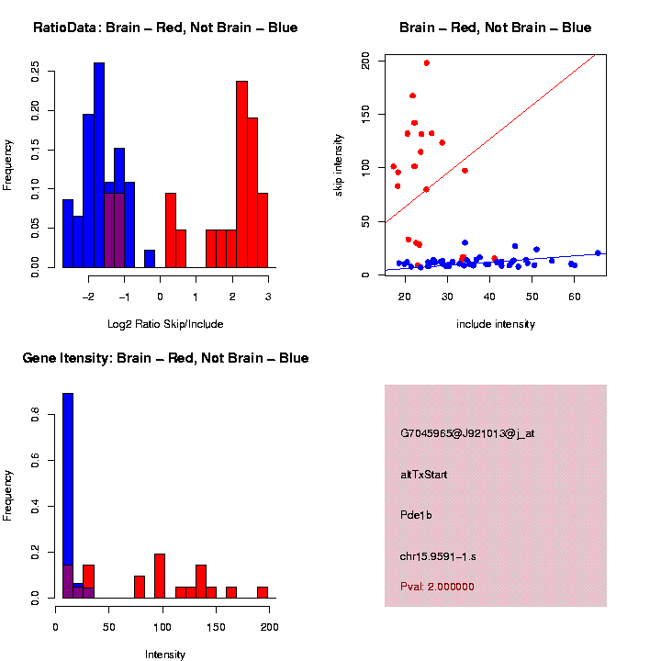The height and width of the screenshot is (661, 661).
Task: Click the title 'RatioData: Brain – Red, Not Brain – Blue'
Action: coord(165,28)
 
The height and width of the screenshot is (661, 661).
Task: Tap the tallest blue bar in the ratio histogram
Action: coord(99,165)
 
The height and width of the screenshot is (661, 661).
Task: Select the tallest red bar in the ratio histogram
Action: coord(241,174)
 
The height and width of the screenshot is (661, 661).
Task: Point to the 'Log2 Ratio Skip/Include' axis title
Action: coord(165,324)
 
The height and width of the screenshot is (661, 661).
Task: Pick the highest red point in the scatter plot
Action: coord(427,63)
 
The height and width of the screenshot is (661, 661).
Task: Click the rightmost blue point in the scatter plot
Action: coord(598,252)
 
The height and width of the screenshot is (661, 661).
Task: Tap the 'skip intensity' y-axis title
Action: coord(339,165)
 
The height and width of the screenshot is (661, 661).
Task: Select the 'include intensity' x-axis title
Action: coord(496,324)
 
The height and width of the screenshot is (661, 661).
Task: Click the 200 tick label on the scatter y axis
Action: coord(365,61)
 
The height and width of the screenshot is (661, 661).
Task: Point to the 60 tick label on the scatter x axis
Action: coord(575,288)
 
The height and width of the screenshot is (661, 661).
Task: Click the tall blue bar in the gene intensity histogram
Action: coord(67,496)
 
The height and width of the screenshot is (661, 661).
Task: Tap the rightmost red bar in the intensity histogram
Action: coord(262,592)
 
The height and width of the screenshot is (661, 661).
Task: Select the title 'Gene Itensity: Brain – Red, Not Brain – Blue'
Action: coord(165,358)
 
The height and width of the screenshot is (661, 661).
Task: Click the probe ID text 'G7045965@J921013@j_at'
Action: coord(467,433)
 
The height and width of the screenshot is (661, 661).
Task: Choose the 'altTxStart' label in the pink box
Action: coord(424,475)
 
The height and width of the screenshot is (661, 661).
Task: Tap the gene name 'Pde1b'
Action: coord(416,515)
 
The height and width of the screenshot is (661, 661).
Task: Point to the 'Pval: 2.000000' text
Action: coord(437,587)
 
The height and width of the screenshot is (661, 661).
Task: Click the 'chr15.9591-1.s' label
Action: coord(438,556)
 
